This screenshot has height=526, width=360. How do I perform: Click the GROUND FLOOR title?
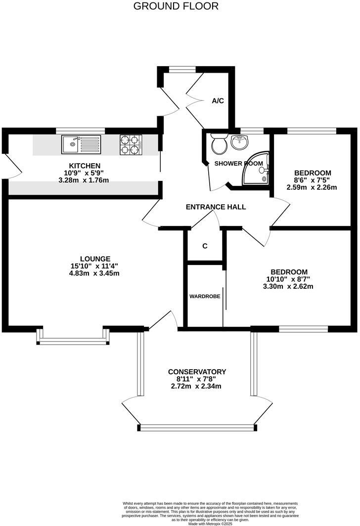[176, 6]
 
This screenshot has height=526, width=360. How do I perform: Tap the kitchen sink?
[81, 144]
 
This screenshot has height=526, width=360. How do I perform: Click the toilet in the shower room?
[219, 145]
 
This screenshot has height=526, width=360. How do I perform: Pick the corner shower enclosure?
[257, 170]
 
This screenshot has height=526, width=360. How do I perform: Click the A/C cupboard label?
[218, 101]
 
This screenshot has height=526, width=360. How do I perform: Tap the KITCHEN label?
[85, 166]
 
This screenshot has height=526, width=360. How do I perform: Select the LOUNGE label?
[95, 259]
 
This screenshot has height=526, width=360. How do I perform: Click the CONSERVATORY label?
[197, 372]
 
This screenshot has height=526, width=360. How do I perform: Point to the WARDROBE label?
[205, 297]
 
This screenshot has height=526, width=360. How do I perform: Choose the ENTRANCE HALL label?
[216, 207]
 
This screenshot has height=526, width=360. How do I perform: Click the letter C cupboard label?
[205, 246]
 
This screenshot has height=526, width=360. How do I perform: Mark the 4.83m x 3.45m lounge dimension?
[95, 273]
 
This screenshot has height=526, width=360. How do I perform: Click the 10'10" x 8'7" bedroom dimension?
[289, 279]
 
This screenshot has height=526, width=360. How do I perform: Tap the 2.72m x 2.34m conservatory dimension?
[197, 386]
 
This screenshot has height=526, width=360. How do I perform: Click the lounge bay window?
[73, 341]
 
